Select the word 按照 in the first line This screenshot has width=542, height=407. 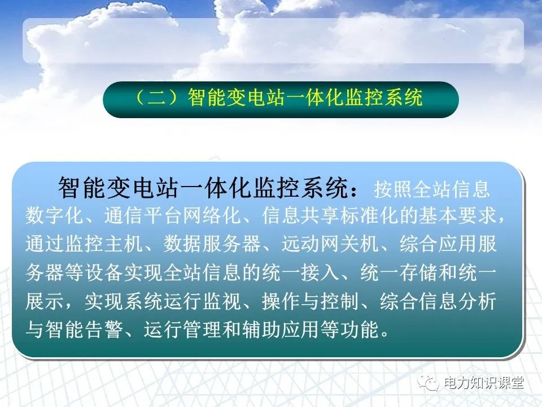392,189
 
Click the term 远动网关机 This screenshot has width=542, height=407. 321,245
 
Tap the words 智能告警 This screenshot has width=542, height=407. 84,330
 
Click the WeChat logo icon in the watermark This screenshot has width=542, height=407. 431,383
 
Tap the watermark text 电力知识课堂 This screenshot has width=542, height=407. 484,383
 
